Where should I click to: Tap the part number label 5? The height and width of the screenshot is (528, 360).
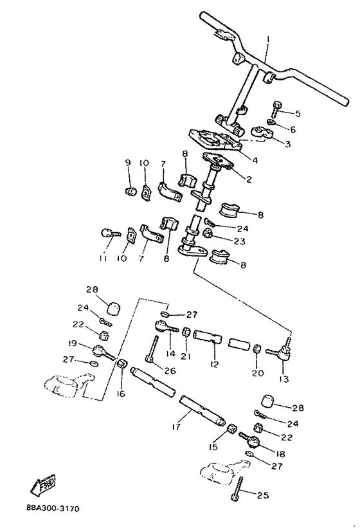[x=297, y=113]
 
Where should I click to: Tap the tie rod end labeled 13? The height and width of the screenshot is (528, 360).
[x=283, y=350]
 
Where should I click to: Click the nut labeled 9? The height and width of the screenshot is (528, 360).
[x=129, y=190]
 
